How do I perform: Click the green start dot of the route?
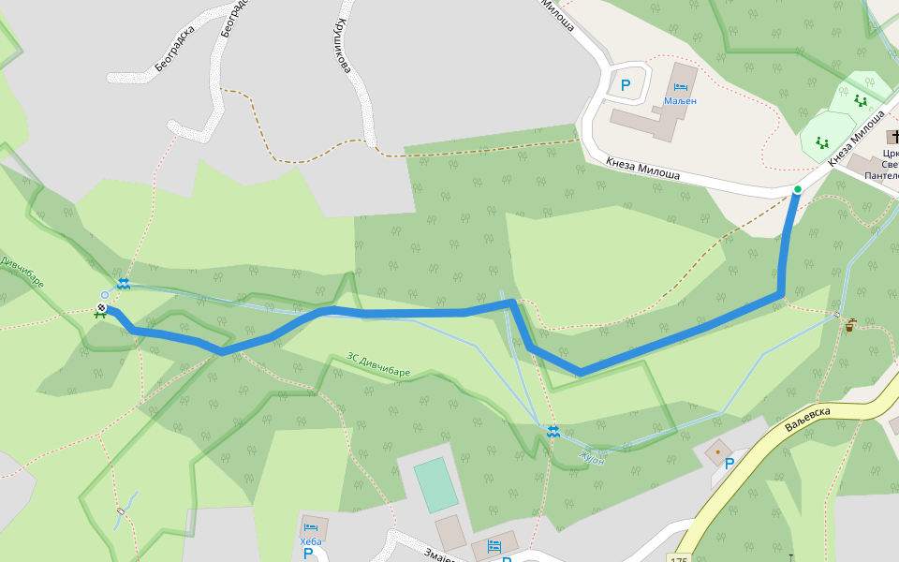click(797, 190)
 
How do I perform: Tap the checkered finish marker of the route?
click(101, 305)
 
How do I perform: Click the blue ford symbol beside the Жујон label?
click(553, 431)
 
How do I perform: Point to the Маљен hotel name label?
click(680, 100)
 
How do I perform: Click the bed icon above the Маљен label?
click(680, 87)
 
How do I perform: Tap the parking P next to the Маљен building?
click(626, 85)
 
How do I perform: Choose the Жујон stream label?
click(592, 458)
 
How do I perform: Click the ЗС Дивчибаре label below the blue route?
click(378, 364)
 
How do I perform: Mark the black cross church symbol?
click(892, 138)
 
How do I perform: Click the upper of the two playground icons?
click(860, 100)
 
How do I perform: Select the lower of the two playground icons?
click(823, 142)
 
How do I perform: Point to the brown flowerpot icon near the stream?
click(849, 325)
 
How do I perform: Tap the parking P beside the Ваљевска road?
click(730, 463)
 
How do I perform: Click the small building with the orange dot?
click(717, 451)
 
